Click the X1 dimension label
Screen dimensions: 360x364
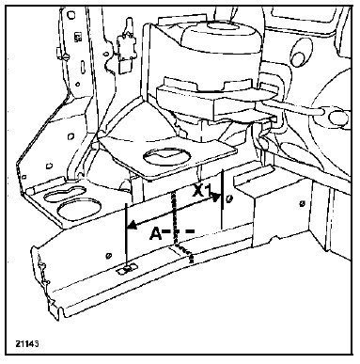coord(202,190)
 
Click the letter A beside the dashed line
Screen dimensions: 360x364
coord(156,233)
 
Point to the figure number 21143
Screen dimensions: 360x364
coord(27,343)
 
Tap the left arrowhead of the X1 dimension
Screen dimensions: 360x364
coord(132,225)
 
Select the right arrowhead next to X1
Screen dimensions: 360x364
coord(215,198)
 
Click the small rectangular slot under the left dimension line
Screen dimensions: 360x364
coord(128,269)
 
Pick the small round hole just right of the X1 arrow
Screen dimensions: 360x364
coord(229,198)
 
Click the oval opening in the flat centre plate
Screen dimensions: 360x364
coord(166,156)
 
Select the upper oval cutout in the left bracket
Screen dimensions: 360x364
coord(65,195)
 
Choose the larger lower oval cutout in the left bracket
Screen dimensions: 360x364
coord(80,210)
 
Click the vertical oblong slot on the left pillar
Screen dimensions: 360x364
coord(82,66)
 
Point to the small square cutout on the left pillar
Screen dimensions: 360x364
coord(77,38)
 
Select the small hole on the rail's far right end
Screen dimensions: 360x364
coord(302,203)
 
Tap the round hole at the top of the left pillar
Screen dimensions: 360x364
coord(71,14)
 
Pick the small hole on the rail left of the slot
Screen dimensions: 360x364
coord(109,256)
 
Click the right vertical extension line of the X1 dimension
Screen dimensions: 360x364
coord(222,198)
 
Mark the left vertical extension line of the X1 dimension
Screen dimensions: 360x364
coord(126,236)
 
